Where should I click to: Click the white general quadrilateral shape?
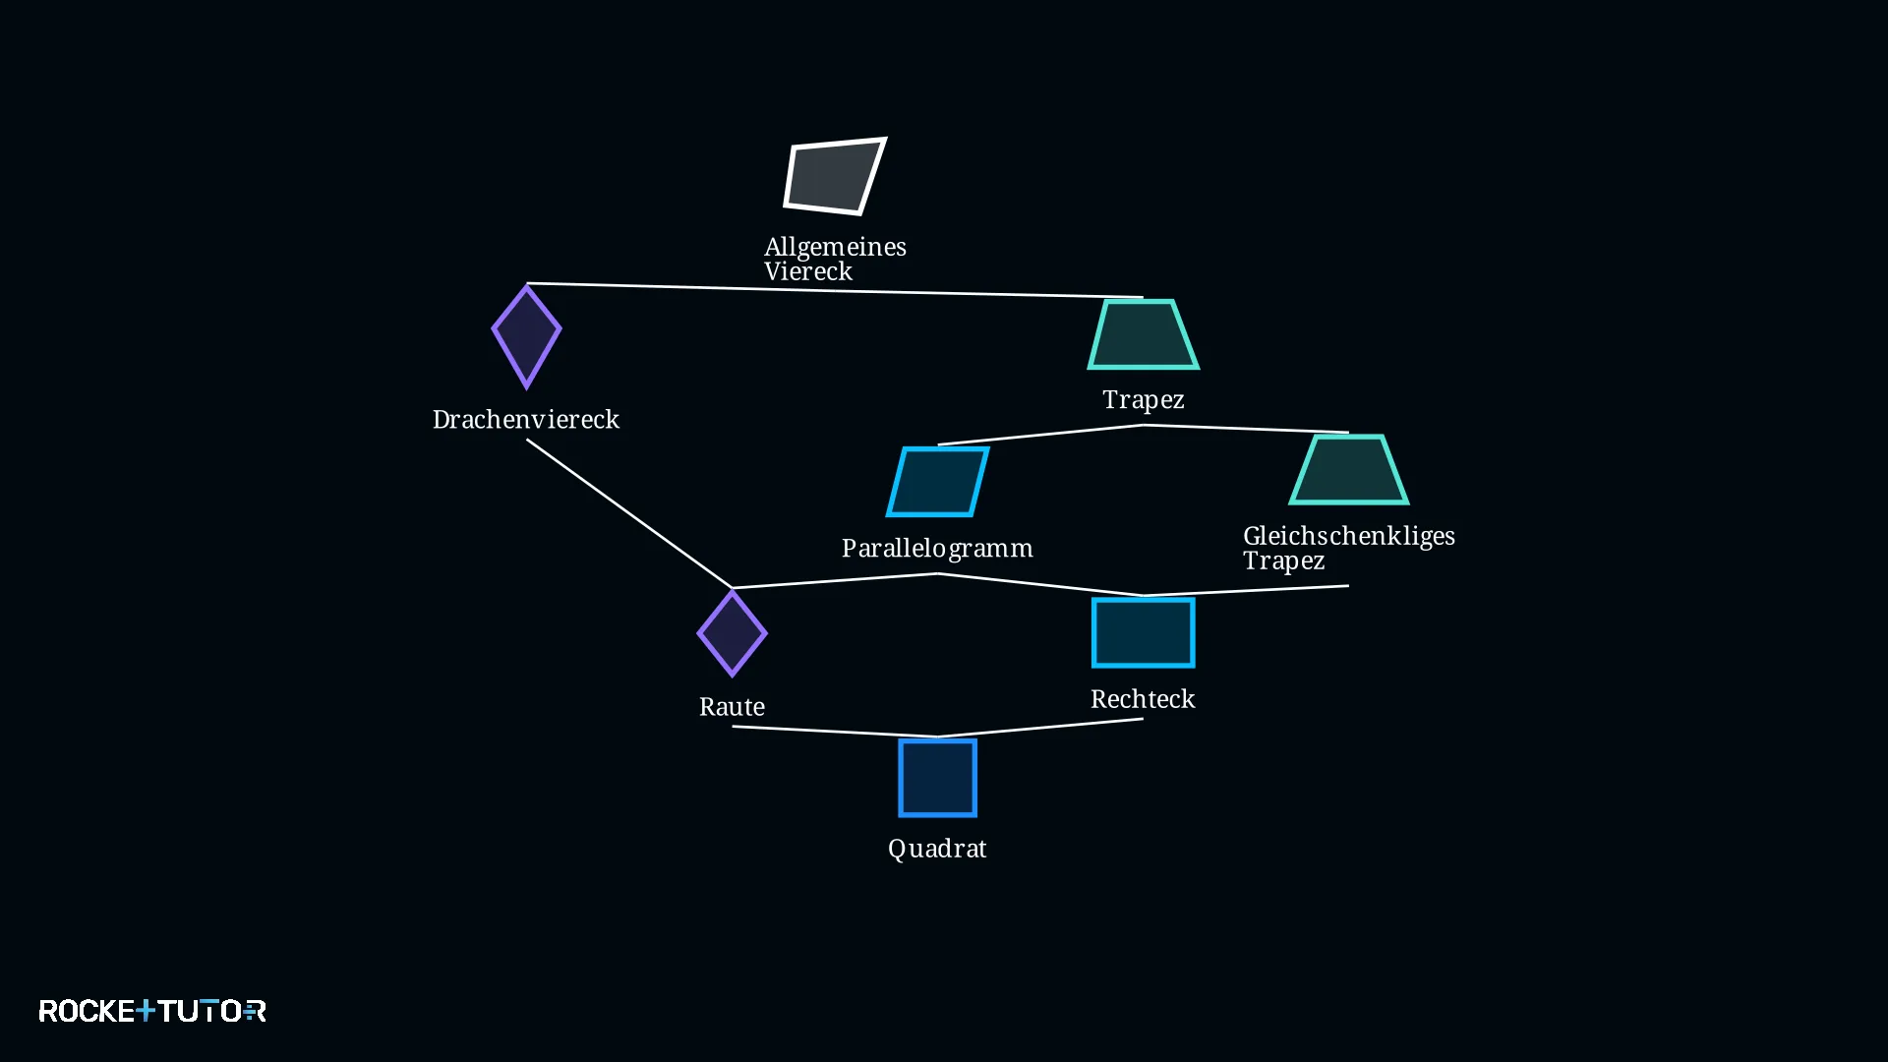click(x=835, y=176)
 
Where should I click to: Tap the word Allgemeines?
click(x=835, y=247)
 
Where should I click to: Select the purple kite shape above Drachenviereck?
click(x=526, y=336)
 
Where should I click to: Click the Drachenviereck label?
click(x=526, y=419)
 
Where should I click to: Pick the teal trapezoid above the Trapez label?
click(x=1143, y=334)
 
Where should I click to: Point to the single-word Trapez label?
click(x=1144, y=400)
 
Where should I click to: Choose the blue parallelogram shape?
click(x=938, y=482)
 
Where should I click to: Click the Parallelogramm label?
click(x=937, y=548)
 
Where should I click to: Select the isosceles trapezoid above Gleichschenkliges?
click(x=1348, y=469)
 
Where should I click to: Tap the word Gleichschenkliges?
click(x=1349, y=536)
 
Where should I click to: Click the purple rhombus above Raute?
click(x=732, y=633)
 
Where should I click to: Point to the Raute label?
click(x=732, y=707)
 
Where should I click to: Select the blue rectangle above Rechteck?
click(x=1143, y=632)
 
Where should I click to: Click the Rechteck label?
click(x=1143, y=699)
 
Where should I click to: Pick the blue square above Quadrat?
click(x=937, y=778)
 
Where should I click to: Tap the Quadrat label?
click(x=937, y=849)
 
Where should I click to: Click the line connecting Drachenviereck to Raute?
click(x=629, y=513)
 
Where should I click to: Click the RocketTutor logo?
click(x=152, y=1011)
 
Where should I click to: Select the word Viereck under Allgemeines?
click(x=808, y=271)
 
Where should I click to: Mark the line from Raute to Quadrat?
click(x=835, y=731)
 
